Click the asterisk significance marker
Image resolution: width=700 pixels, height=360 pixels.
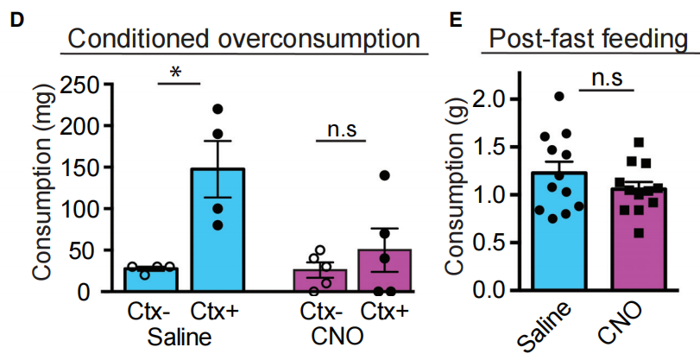pyautogui.click(x=177, y=73)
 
